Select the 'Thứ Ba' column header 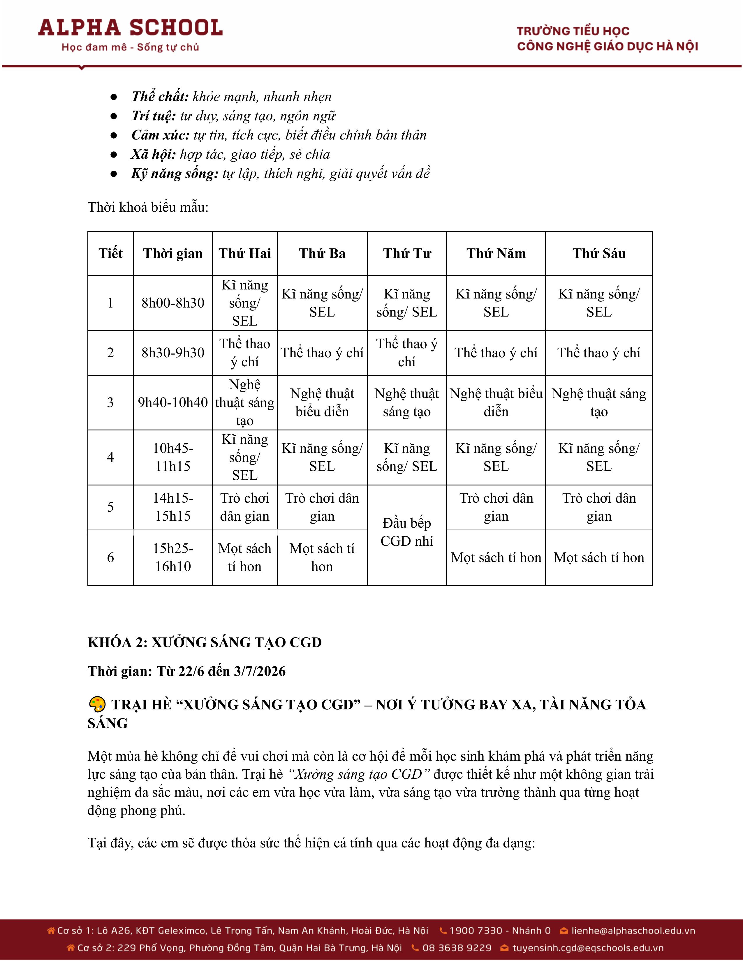(322, 253)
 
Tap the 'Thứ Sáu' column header (599, 253)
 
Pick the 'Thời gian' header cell (172, 253)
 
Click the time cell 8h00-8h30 (172, 303)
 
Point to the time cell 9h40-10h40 (172, 402)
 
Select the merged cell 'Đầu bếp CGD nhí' (407, 532)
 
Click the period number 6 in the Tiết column (110, 557)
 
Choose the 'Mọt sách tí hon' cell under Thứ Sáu (599, 557)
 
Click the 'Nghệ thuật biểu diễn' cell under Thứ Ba (322, 402)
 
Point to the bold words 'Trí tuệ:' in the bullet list (154, 116)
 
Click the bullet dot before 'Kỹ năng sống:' (114, 174)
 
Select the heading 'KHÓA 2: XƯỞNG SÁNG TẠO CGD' (205, 642)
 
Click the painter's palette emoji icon (97, 704)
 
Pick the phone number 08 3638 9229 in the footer (457, 948)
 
